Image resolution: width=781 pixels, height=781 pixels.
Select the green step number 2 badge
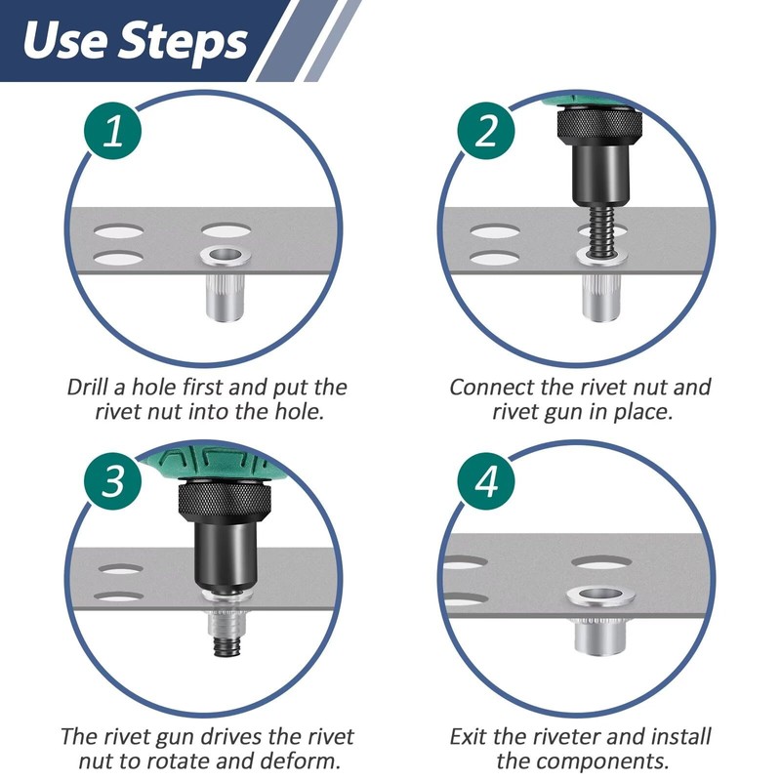(x=485, y=132)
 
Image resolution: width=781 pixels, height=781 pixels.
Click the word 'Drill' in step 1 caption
(x=91, y=387)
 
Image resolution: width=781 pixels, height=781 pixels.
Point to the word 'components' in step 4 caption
(x=605, y=761)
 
